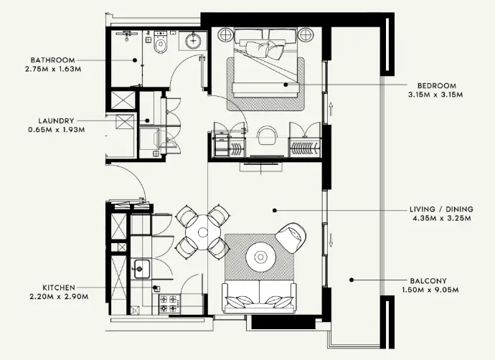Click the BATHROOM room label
pos(53,60)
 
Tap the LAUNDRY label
pos(55,120)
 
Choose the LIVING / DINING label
pos(438,210)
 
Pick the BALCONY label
pos(429,280)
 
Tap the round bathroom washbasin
pos(194,42)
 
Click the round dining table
pos(204,231)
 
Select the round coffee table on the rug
pos(259,255)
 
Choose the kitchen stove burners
pos(169,303)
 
